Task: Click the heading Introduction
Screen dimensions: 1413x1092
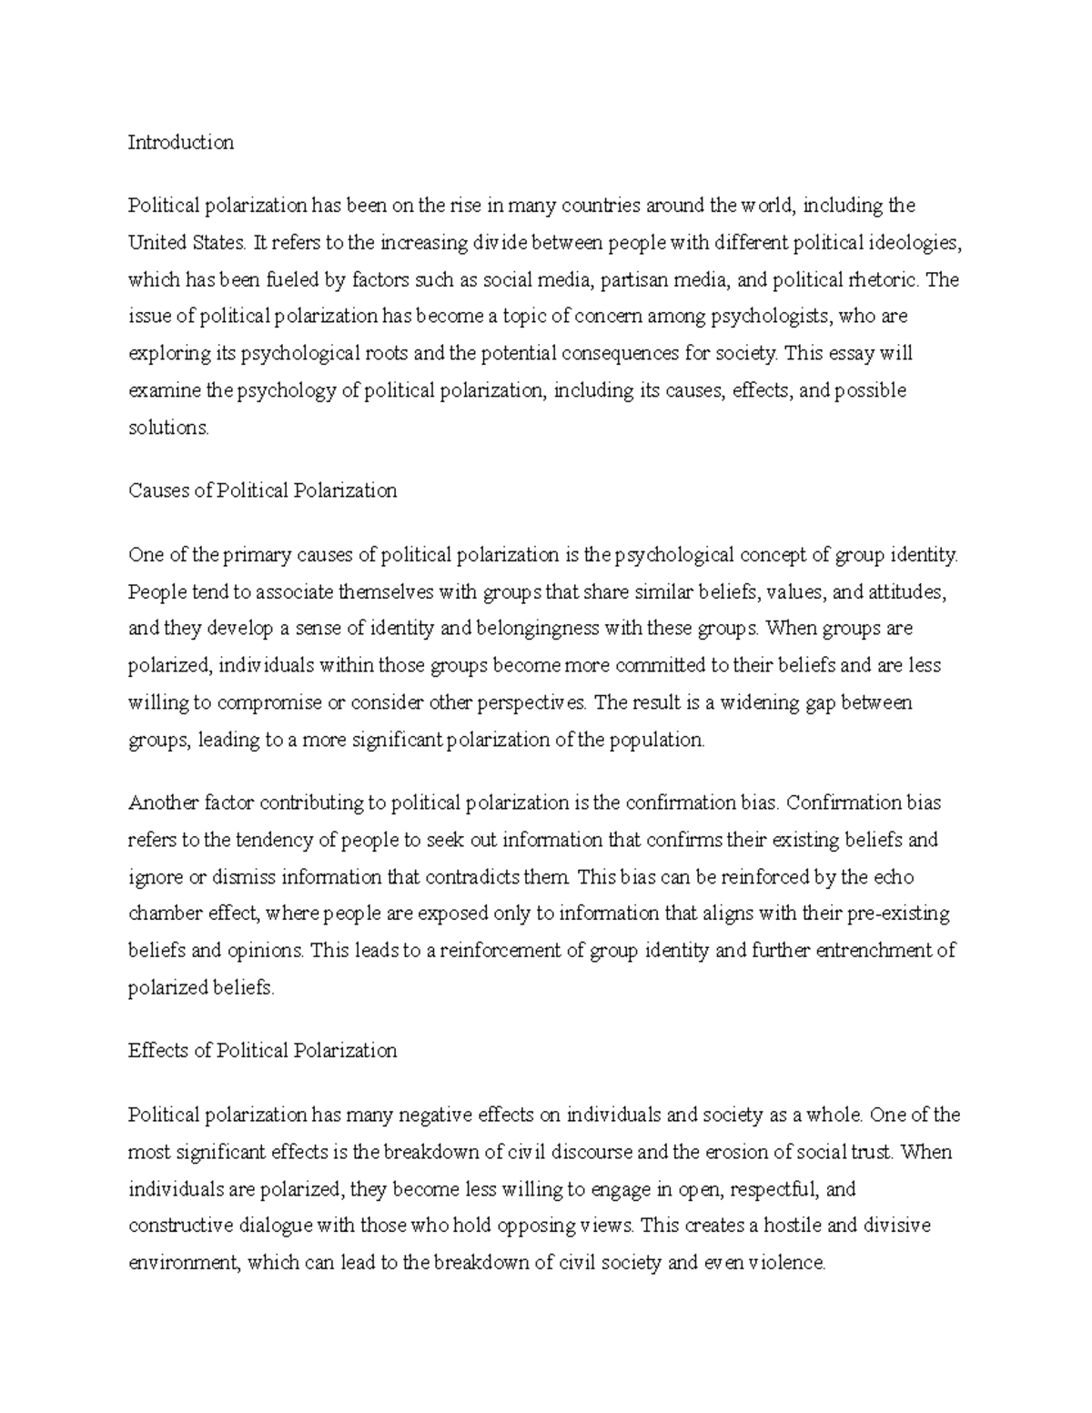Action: (181, 143)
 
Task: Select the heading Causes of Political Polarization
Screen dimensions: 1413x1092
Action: (263, 491)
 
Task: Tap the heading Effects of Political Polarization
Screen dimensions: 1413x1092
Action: (263, 1051)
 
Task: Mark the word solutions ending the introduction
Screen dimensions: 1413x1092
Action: (168, 428)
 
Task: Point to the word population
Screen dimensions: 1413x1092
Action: (657, 741)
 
